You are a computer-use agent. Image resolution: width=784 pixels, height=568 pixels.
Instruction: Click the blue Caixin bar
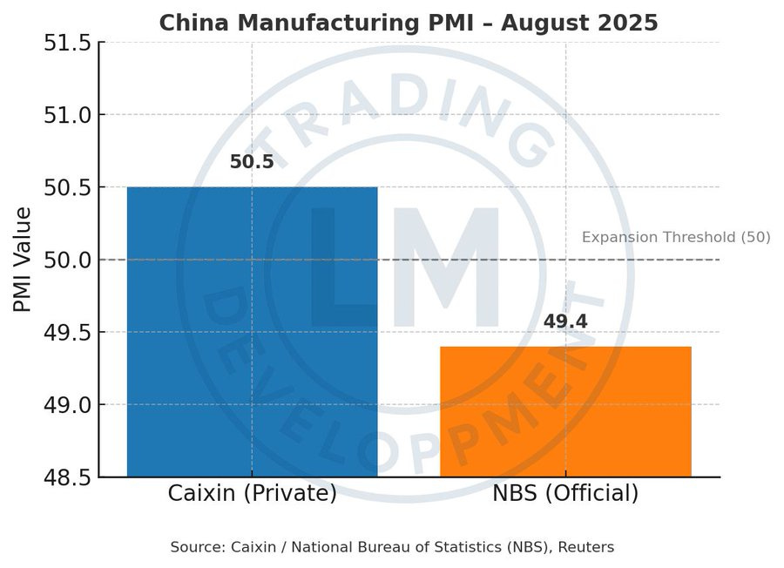[x=252, y=331]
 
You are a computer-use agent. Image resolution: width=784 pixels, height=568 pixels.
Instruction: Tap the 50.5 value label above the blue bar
[x=252, y=162]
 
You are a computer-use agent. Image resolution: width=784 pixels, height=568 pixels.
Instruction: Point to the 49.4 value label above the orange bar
[x=565, y=321]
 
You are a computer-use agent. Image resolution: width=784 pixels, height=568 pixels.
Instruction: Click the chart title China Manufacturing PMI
[x=409, y=23]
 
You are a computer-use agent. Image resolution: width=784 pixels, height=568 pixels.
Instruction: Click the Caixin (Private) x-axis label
[x=252, y=493]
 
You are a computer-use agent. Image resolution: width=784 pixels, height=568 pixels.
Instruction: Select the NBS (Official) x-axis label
[x=565, y=493]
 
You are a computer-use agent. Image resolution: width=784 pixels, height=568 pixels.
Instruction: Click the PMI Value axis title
[x=24, y=260]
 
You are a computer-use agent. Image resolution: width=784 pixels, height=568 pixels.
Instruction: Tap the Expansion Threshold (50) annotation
[x=675, y=237]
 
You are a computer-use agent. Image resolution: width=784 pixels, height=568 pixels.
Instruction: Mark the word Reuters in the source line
[x=587, y=547]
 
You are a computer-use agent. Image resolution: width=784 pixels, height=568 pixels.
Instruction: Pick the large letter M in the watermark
[x=447, y=270]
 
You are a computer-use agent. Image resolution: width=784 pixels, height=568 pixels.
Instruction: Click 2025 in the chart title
[x=631, y=23]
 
